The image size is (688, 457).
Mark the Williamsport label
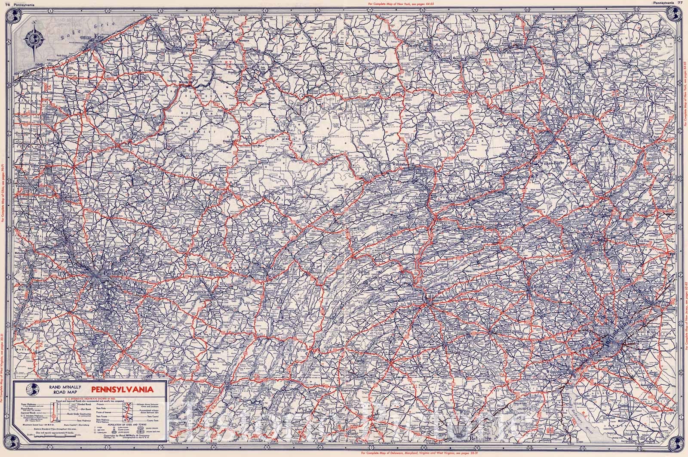coord(402,165)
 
